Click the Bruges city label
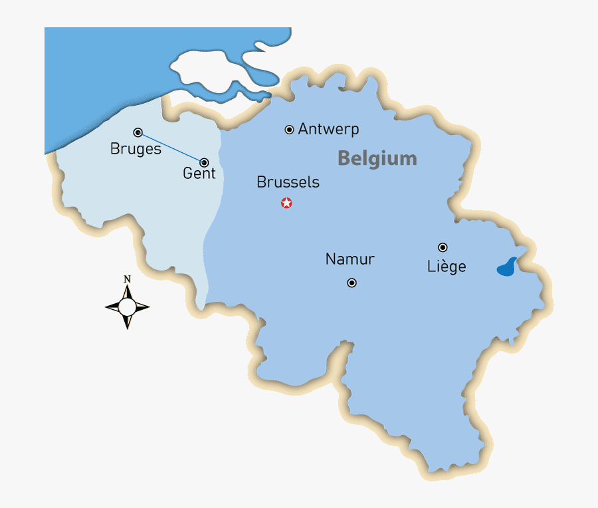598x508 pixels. (136, 149)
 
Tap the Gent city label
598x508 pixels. (199, 174)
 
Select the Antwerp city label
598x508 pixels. (328, 129)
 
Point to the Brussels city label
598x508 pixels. (288, 182)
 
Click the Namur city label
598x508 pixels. (350, 259)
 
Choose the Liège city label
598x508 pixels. (447, 267)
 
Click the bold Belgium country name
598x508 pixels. (377, 158)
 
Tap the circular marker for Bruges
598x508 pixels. (138, 132)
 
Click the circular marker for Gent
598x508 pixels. (204, 162)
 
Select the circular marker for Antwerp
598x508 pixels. (289, 130)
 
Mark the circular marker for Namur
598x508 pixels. (352, 283)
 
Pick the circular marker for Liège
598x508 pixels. (443, 247)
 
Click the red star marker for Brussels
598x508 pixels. (286, 203)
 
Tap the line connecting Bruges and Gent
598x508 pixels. (171, 147)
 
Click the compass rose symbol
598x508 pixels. (127, 306)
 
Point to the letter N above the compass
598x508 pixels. (127, 279)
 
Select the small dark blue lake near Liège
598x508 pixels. (507, 267)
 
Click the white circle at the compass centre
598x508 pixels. (127, 307)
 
